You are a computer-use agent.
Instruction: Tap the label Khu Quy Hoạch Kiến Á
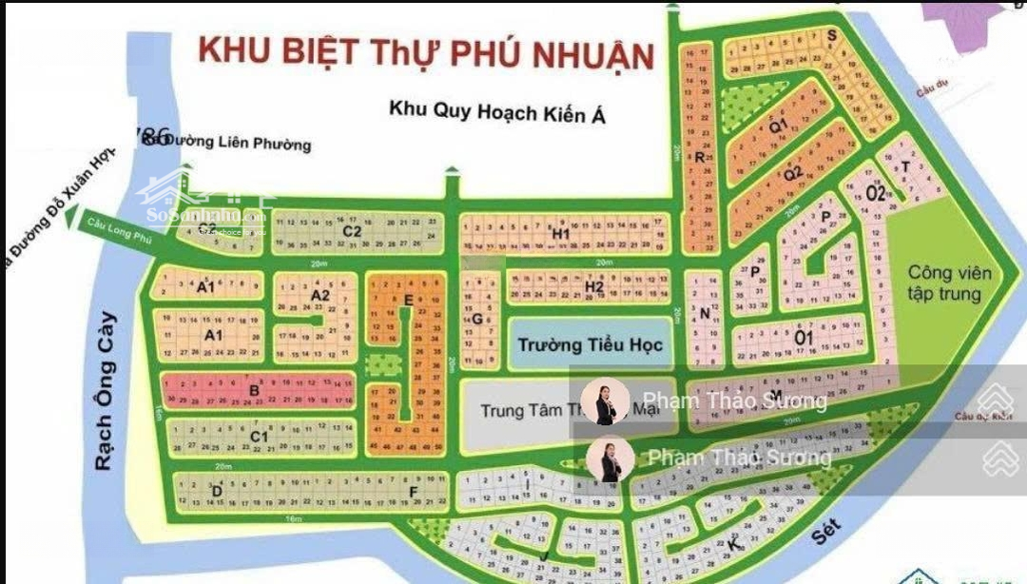[496, 112]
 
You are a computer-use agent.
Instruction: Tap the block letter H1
[560, 234]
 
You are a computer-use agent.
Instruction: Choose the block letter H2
[595, 286]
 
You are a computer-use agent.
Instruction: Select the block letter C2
[352, 231]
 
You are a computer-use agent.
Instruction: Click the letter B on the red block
[254, 390]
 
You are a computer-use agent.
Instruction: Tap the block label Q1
[778, 126]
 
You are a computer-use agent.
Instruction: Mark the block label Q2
[794, 173]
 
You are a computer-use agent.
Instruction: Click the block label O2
[876, 193]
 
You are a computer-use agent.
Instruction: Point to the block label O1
[804, 337]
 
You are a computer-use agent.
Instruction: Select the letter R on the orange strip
[699, 157]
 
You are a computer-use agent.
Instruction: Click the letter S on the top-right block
[831, 36]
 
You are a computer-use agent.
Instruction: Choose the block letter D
[217, 491]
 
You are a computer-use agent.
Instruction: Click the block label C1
[258, 437]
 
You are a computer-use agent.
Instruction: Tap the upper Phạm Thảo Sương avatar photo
[606, 401]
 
